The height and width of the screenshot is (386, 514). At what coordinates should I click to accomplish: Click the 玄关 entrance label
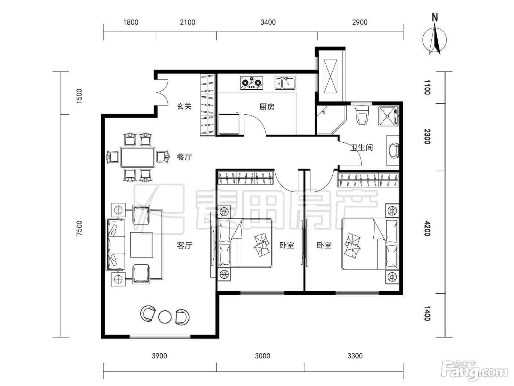[x=184, y=106]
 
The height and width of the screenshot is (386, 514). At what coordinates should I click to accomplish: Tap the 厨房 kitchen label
[x=267, y=107]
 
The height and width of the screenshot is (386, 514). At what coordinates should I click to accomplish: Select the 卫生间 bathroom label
[x=361, y=147]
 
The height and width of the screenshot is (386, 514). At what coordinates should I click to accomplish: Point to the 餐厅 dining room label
[x=184, y=157]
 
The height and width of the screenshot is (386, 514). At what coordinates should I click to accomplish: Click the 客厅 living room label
[x=184, y=245]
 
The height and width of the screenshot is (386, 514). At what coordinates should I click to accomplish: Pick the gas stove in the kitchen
[x=251, y=83]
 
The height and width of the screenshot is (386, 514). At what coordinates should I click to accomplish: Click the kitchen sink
[x=285, y=83]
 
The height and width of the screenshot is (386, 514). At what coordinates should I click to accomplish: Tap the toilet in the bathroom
[x=362, y=115]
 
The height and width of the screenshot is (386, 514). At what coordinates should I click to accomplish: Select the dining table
[x=138, y=157]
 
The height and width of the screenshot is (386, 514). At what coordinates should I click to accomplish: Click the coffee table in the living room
[x=142, y=245]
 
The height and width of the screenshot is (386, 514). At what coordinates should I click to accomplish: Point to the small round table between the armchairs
[x=165, y=317]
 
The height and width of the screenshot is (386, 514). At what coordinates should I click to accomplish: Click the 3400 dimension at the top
[x=268, y=22]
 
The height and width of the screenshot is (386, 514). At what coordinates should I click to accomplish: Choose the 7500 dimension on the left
[x=79, y=228]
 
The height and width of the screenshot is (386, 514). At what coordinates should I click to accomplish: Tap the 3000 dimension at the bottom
[x=263, y=356]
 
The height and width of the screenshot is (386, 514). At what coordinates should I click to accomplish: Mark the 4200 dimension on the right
[x=427, y=228]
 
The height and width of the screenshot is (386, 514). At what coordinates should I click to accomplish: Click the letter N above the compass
[x=435, y=17]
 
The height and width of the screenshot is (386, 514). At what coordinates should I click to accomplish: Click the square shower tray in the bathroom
[x=388, y=116]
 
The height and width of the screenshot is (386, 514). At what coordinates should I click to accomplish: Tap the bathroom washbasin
[x=394, y=150]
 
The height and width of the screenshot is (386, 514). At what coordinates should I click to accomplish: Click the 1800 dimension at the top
[x=131, y=22]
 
